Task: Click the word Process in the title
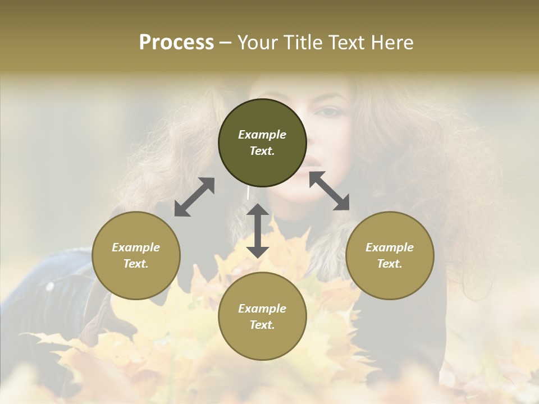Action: tap(176, 43)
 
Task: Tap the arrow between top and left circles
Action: tap(194, 197)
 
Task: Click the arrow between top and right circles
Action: tap(330, 191)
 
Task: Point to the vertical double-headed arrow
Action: tap(258, 231)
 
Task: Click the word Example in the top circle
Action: tap(262, 135)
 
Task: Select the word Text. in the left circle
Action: tap(136, 264)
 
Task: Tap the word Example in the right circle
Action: tap(390, 247)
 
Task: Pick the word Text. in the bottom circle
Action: tap(262, 325)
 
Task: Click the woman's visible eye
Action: tap(331, 112)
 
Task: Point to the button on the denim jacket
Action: tap(50, 287)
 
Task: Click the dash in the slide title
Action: tap(226, 43)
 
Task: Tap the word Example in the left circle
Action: tap(136, 247)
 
